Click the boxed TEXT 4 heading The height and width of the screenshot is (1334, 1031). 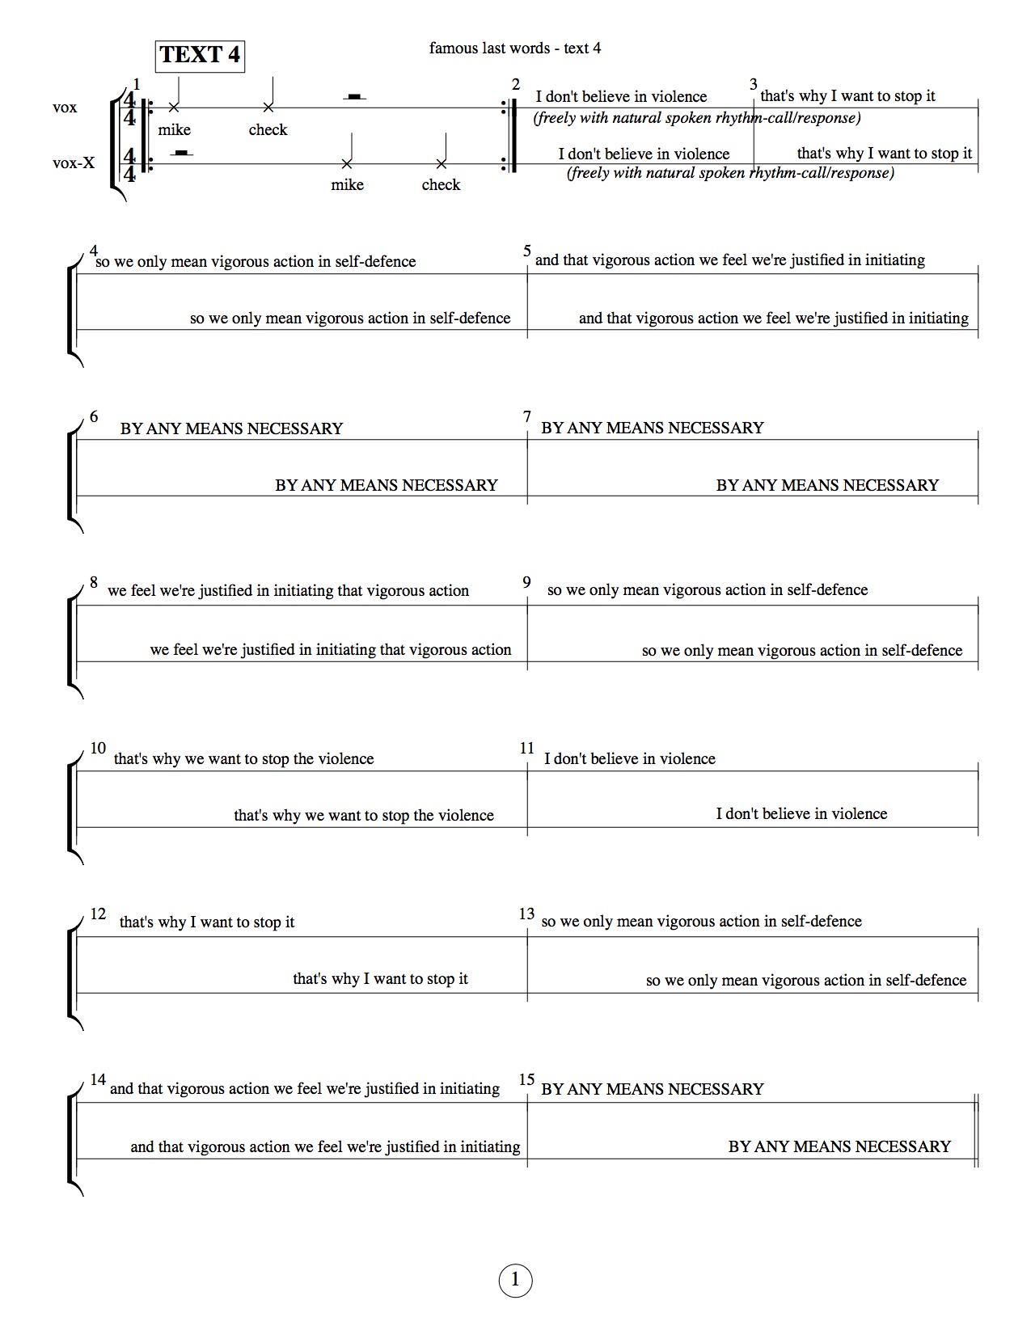[x=200, y=55]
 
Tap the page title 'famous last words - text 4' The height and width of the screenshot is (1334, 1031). [x=515, y=48]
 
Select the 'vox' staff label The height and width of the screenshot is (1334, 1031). [x=65, y=107]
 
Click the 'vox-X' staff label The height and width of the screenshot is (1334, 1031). [x=74, y=163]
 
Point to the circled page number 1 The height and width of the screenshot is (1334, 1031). [x=515, y=1281]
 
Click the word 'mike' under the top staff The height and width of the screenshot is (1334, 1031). [x=174, y=129]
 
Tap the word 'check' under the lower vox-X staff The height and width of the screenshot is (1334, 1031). [x=441, y=184]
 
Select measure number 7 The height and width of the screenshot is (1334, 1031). [x=527, y=416]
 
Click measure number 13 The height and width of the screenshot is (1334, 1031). [x=526, y=914]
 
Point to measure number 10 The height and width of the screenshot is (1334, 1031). [x=98, y=748]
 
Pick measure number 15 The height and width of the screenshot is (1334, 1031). [x=526, y=1079]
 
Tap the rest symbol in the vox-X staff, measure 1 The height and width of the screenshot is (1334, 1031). [x=182, y=152]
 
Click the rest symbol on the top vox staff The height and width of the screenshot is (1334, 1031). [x=353, y=97]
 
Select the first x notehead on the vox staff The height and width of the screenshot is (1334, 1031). [x=173, y=108]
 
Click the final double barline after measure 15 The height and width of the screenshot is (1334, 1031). [x=976, y=1129]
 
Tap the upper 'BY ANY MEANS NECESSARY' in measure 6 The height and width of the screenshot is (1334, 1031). [x=231, y=428]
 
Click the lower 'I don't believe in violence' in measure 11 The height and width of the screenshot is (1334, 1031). [x=801, y=813]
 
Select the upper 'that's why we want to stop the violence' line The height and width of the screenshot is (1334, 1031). [x=243, y=758]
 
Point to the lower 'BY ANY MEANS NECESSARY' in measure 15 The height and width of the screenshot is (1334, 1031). [x=839, y=1146]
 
